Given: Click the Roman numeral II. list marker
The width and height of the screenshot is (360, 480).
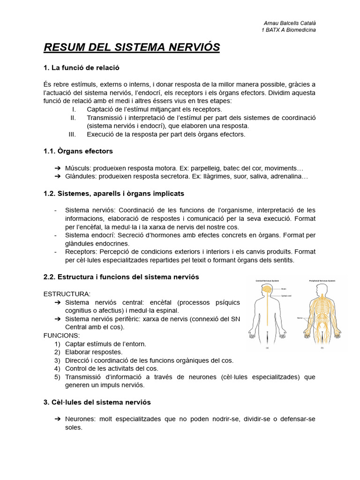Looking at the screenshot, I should [x=73, y=118].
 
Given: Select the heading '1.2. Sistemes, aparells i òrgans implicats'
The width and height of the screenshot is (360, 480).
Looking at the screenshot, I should [x=113, y=194].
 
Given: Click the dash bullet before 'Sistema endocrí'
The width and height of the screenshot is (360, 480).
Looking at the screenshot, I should [x=56, y=235].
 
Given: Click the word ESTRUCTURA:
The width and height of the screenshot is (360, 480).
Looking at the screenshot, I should [x=67, y=294].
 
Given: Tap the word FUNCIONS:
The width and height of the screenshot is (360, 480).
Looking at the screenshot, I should [x=61, y=336].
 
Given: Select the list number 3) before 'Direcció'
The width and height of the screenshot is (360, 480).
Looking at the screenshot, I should [x=57, y=360].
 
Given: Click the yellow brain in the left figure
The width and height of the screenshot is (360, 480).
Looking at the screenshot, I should [x=265, y=291].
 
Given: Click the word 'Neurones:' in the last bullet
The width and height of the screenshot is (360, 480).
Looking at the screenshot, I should [x=81, y=419].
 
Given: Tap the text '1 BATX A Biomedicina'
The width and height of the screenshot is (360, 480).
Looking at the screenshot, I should [x=288, y=30].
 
